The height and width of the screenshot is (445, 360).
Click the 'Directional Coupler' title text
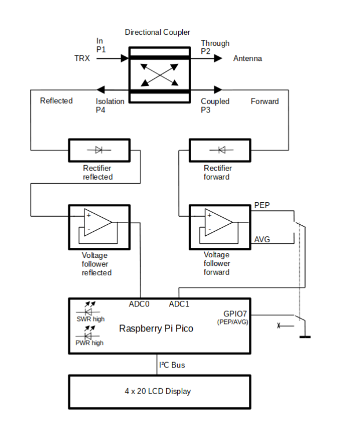[x=157, y=32]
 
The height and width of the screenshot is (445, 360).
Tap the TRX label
[x=82, y=59]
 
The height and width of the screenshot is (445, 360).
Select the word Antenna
[x=247, y=59]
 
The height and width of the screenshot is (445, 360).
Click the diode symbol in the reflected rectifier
[x=98, y=150]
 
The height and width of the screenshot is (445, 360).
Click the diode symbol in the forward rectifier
[x=221, y=150]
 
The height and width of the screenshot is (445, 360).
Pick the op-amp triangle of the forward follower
[x=219, y=222]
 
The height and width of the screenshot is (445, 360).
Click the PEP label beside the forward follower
[x=262, y=206]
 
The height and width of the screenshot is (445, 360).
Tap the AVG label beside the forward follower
[x=262, y=239]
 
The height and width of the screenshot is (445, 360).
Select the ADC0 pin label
[x=139, y=304]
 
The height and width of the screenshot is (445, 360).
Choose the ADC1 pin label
[x=179, y=304]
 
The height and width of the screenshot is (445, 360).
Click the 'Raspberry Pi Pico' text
[x=156, y=329]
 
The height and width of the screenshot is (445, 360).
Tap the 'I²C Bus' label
[x=172, y=365]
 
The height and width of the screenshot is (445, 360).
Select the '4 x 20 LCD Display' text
[x=157, y=391]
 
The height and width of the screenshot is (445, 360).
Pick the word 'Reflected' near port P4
[x=56, y=101]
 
